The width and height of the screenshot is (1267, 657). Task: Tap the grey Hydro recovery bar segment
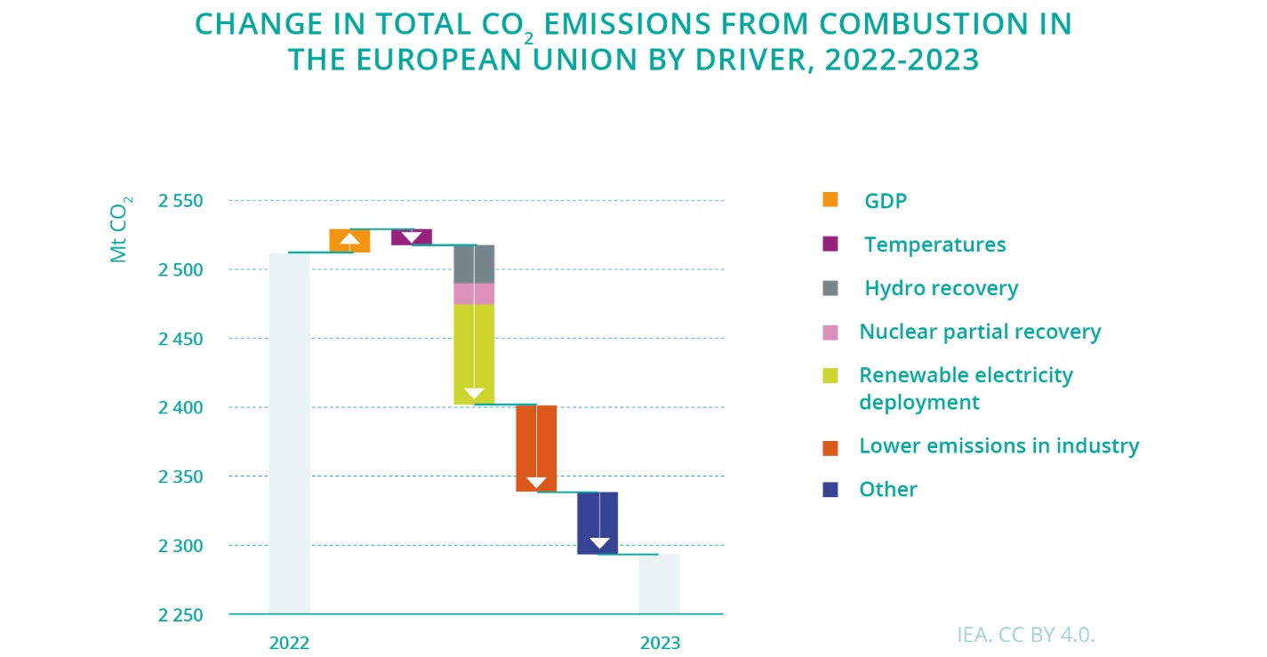pyautogui.click(x=463, y=264)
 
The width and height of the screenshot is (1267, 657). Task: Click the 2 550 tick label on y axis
pyautogui.click(x=180, y=201)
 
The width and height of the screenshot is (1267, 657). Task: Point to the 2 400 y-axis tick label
pyautogui.click(x=180, y=408)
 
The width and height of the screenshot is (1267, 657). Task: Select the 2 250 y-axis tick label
pyautogui.click(x=180, y=615)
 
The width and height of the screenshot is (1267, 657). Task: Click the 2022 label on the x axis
pyautogui.click(x=289, y=643)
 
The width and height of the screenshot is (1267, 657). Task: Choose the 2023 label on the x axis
pyautogui.click(x=660, y=643)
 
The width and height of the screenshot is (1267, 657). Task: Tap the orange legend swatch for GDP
pyautogui.click(x=830, y=200)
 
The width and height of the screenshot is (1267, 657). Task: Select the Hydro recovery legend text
pyautogui.click(x=942, y=288)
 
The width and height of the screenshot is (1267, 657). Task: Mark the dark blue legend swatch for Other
pyautogui.click(x=830, y=489)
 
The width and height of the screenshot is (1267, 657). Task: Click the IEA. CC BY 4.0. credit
pyautogui.click(x=1026, y=635)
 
